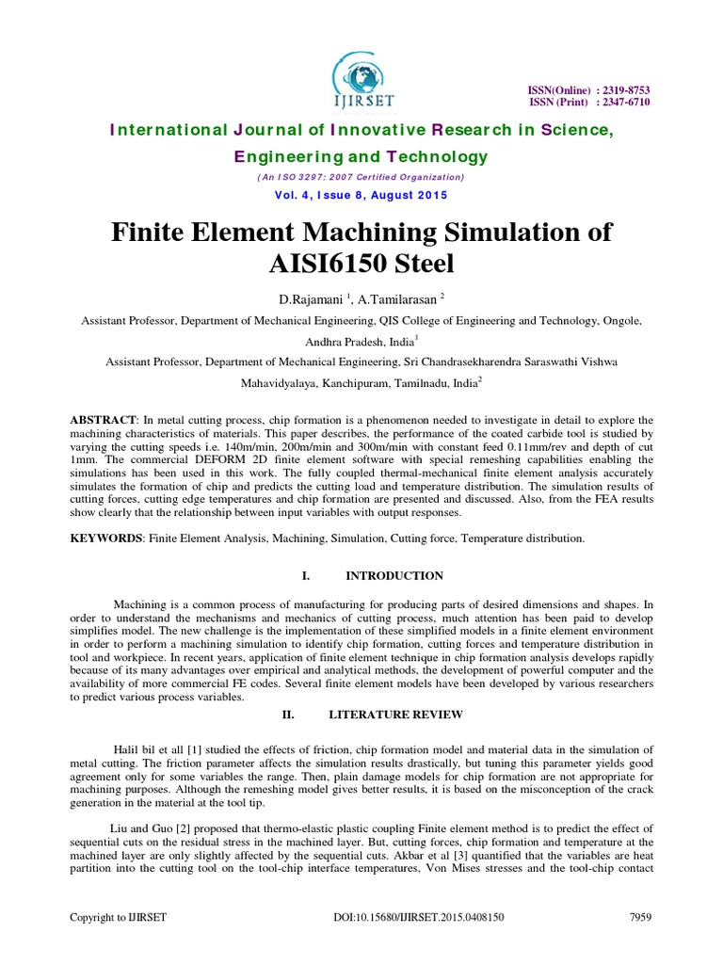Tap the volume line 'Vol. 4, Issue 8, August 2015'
(x=361, y=195)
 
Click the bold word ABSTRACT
(x=104, y=417)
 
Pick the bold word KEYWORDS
(x=107, y=538)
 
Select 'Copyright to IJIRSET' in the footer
(x=117, y=916)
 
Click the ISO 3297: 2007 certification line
(x=361, y=177)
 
